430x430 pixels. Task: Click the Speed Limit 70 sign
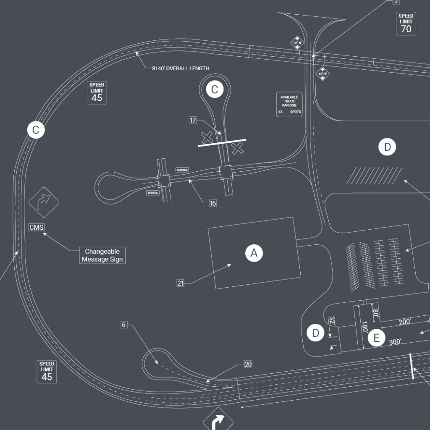(x=406, y=24)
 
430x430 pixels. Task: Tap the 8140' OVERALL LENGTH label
(x=181, y=68)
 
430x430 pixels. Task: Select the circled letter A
(x=254, y=253)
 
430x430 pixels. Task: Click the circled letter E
(x=377, y=338)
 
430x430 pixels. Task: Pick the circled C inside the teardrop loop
(x=215, y=89)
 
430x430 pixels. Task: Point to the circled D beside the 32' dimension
(x=315, y=333)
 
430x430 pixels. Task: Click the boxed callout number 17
(x=193, y=121)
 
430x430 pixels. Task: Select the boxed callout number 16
(x=213, y=203)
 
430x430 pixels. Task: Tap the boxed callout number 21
(x=181, y=283)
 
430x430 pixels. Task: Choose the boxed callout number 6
(x=123, y=325)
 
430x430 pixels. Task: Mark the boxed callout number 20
(x=248, y=364)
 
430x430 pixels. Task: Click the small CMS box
(x=36, y=227)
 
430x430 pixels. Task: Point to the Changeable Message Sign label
(x=102, y=255)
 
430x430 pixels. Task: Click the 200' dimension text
(x=405, y=322)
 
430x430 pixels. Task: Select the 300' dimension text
(x=395, y=342)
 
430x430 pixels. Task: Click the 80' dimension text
(x=375, y=313)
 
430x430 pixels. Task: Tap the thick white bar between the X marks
(x=222, y=143)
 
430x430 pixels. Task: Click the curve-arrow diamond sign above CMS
(x=44, y=202)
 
